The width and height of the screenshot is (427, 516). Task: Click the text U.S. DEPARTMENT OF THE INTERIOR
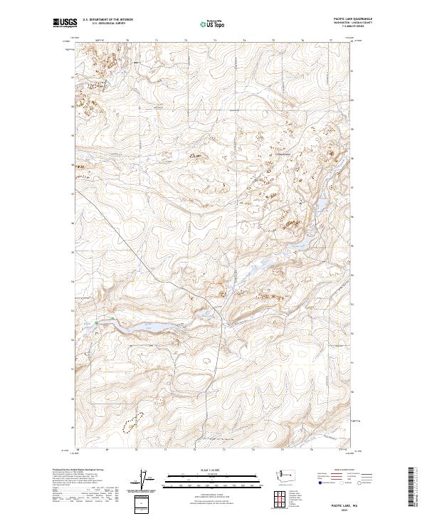107,20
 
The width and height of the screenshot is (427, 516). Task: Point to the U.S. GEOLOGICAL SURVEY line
107,24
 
